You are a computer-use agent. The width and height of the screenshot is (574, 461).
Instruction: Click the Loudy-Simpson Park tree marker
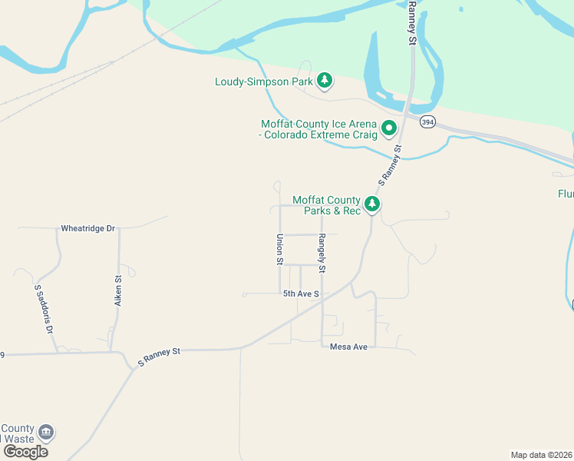tap(325, 80)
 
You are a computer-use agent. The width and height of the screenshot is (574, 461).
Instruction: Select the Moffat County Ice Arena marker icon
tap(389, 128)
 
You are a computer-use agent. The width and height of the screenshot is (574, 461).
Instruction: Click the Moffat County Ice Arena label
tap(319, 129)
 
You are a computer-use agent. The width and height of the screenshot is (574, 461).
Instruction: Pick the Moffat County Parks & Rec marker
tap(372, 204)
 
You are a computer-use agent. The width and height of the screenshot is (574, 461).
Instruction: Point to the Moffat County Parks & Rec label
tap(326, 205)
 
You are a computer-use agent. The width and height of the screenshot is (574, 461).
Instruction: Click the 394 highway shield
tap(428, 121)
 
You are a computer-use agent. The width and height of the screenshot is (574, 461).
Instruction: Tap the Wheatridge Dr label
tap(87, 229)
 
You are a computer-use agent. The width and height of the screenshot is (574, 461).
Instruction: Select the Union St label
tap(280, 250)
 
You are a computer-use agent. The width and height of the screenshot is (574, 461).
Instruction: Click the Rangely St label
tap(323, 254)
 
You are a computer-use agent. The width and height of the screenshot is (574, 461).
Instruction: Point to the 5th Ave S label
tap(301, 294)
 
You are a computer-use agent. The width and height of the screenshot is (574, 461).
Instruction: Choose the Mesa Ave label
tap(348, 347)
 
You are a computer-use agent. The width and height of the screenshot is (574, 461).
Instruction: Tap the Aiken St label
tap(118, 291)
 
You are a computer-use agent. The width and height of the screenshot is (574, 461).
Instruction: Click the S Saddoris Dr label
tap(43, 308)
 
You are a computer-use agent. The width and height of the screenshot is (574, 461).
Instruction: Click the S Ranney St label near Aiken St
tap(159, 356)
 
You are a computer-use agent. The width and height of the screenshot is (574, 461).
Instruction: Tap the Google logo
tap(25, 451)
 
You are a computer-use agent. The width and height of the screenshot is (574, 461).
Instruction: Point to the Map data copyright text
tap(541, 454)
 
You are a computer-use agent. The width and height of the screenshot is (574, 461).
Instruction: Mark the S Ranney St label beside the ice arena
tap(391, 165)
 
